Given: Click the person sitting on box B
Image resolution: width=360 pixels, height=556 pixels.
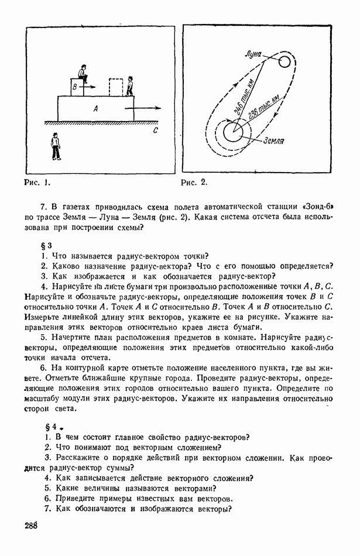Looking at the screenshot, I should (83, 73).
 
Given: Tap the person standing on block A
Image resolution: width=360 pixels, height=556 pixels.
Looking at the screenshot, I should (130, 86).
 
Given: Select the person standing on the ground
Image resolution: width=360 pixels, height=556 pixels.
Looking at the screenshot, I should (56, 146).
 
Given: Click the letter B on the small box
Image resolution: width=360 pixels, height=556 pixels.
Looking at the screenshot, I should (74, 87).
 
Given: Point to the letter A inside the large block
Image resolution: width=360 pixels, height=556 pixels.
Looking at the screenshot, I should (95, 108).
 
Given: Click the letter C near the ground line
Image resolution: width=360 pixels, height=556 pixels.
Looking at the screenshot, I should (155, 131).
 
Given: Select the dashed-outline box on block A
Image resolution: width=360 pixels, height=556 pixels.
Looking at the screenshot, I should (116, 87).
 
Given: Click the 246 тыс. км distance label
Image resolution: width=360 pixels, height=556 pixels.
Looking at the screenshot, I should (243, 95).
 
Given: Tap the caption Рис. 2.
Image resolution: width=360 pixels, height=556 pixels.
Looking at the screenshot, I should (194, 182).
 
